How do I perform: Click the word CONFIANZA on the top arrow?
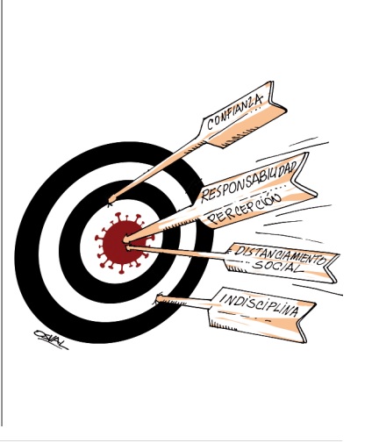click(x=235, y=112)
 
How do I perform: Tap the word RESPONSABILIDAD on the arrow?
click(x=249, y=182)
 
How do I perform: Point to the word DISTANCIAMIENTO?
click(x=280, y=255)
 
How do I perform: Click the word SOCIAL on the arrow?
click(x=276, y=267)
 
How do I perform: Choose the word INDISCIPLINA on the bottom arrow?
click(x=259, y=305)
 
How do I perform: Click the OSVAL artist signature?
click(x=51, y=339)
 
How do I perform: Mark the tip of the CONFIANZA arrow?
click(x=111, y=202)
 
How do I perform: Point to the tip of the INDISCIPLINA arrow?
click(x=157, y=298)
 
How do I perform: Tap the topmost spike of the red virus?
click(x=118, y=215)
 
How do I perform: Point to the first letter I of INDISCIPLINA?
click(x=224, y=298)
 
